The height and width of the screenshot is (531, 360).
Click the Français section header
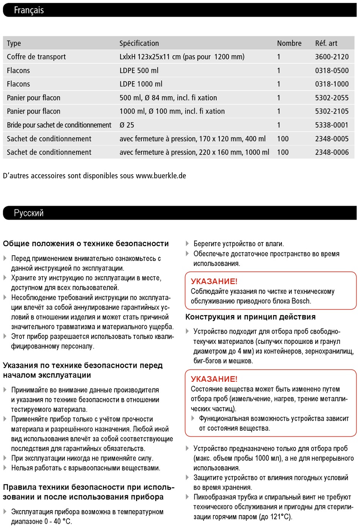point(29,10)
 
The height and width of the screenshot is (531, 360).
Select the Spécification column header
point(139,44)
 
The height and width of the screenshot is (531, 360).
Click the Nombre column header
point(289,44)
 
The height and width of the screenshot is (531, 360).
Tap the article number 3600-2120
point(332,57)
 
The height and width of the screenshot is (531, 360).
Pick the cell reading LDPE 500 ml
point(139,71)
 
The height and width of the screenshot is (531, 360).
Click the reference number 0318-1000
point(332,84)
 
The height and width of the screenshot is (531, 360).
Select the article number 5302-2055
point(332,98)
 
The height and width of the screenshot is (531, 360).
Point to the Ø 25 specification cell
point(127,125)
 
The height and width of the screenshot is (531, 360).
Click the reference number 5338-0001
point(332,125)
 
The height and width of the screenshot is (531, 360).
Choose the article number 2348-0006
point(332,153)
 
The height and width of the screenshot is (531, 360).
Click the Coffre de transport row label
point(36,57)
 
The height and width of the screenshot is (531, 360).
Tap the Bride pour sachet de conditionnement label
point(59,125)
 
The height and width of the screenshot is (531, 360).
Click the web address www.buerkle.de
point(161,176)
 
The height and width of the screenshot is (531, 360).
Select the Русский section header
point(29,213)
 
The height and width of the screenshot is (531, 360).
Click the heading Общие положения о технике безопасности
point(86,244)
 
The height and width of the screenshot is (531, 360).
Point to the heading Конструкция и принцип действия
point(250,317)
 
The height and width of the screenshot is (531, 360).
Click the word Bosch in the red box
point(301,301)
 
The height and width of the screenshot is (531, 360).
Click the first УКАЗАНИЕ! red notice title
point(214,281)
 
